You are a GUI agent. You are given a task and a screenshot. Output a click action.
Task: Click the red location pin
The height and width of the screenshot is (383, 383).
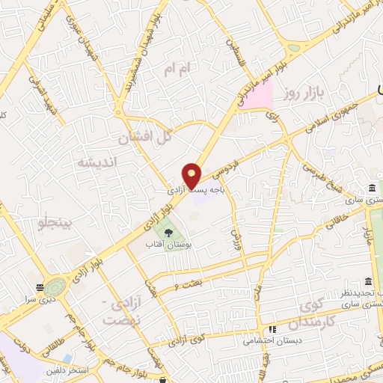click(x=192, y=175)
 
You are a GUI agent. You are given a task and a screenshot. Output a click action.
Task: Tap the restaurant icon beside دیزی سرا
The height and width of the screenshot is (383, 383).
click(x=39, y=287)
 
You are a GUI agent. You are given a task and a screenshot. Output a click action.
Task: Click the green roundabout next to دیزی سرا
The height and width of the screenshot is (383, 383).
click(x=55, y=287)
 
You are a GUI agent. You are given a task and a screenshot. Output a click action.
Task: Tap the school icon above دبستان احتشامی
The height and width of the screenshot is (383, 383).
click(x=273, y=328)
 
